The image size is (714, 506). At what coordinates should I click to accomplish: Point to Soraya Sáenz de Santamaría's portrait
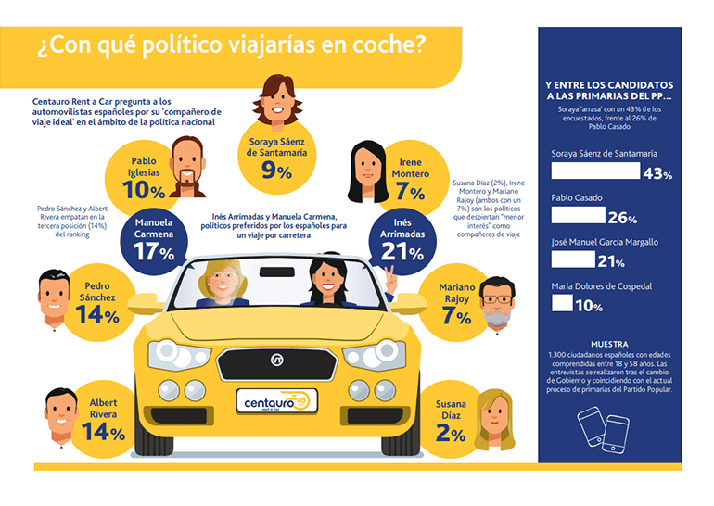pos(275,100)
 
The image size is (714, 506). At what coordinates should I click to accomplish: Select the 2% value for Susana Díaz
pos(452,434)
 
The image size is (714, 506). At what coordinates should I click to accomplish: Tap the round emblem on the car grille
pos(276,359)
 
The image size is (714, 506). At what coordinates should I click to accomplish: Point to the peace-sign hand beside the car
pos(389,277)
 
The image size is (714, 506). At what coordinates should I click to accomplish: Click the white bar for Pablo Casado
pos(578,215)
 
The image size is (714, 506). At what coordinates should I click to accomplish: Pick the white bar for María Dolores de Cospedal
pos(562,302)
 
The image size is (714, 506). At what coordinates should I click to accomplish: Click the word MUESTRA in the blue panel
pos(609,343)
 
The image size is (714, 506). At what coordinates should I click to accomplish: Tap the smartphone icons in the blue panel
pos(603,428)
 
